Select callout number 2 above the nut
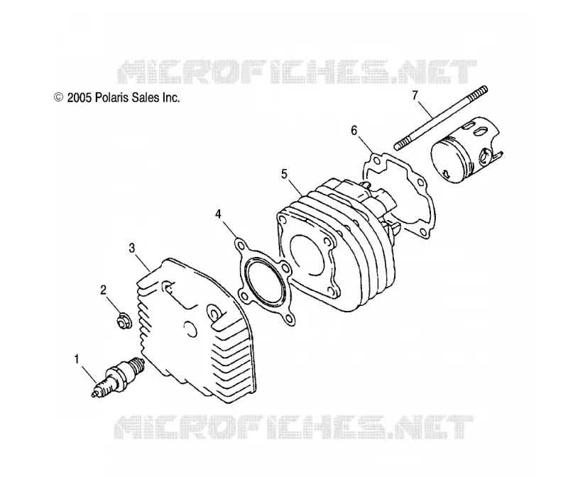103,290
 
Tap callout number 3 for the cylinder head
132,248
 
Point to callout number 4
218,214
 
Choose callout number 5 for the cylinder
284,174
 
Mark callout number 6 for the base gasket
354,131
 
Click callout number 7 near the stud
415,95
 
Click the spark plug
119,377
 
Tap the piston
466,149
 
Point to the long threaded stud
441,118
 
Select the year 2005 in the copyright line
80,98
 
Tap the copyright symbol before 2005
58,97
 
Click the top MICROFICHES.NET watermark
297,72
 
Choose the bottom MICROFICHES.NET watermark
293,427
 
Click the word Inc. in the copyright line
171,97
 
